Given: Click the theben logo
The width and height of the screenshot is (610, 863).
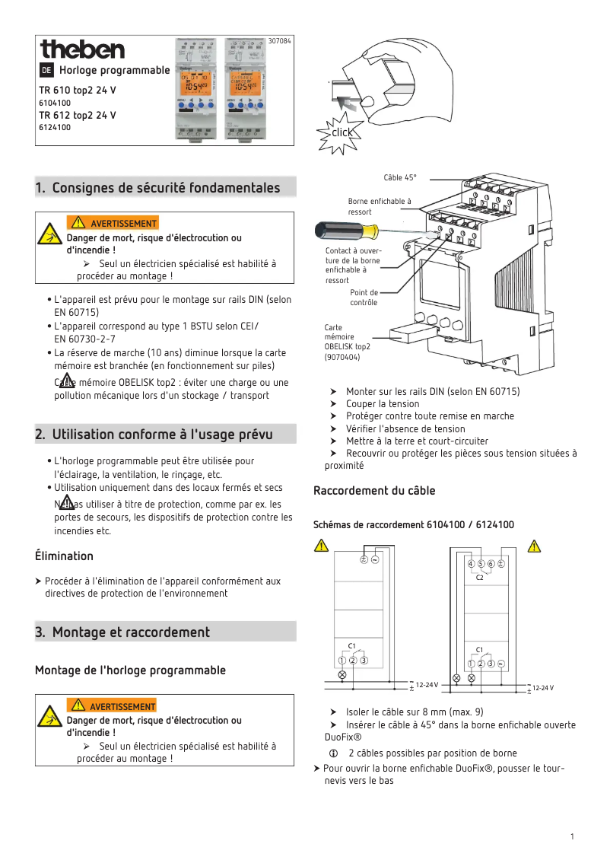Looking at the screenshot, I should [x=82, y=49].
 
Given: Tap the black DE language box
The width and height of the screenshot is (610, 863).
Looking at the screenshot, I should [x=46, y=71].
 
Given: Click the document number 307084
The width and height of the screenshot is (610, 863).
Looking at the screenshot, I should [x=280, y=40].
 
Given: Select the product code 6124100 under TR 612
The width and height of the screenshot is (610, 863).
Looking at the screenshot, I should [x=55, y=127].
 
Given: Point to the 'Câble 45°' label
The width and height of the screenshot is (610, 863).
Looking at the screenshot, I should [x=400, y=177].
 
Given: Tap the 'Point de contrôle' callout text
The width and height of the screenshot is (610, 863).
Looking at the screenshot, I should [x=364, y=298].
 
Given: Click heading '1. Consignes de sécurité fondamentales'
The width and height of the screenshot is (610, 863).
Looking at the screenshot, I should [x=158, y=188].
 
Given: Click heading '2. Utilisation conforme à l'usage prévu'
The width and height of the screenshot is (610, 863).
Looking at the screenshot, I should [x=154, y=435].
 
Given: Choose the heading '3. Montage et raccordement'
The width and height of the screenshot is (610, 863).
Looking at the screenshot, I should [x=122, y=632].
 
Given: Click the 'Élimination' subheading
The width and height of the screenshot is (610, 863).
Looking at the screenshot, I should [x=64, y=556].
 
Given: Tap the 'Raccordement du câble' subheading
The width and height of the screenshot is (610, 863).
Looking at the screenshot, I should [x=374, y=491].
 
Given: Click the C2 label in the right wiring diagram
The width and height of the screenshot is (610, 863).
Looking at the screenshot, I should [x=480, y=578].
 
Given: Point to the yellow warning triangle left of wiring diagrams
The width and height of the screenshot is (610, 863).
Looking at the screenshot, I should [x=322, y=546].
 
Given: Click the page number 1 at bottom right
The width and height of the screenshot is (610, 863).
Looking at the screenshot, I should [x=571, y=836].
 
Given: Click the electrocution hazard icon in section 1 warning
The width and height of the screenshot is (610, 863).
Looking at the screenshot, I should [x=50, y=234].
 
